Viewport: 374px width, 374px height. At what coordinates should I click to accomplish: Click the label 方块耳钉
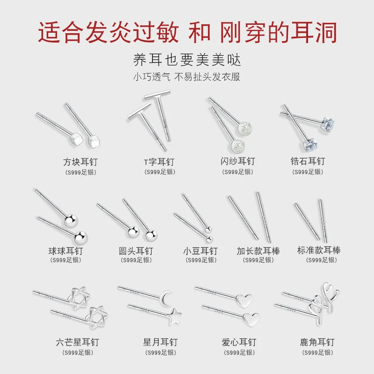[x=80, y=162]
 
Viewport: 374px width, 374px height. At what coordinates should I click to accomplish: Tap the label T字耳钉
[x=159, y=162]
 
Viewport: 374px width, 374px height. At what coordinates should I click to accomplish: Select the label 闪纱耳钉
[x=237, y=161]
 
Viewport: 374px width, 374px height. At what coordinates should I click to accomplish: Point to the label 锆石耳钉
[x=308, y=161]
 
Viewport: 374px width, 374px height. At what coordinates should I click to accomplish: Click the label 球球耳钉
[x=65, y=251]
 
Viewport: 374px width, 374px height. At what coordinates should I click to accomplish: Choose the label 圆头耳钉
[x=136, y=251]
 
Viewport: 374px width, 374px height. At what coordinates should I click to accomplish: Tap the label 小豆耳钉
[x=201, y=251]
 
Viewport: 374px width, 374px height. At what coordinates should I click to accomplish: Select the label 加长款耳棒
[x=258, y=251]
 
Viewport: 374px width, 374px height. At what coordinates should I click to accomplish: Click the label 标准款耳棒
[x=319, y=250]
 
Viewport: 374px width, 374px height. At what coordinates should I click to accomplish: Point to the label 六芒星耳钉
[x=78, y=342]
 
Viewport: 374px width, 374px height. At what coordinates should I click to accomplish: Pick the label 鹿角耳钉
[x=317, y=342]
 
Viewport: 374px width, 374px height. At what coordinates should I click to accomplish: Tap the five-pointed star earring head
[x=174, y=316]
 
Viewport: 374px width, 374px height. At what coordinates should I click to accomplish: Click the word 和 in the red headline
[x=200, y=32]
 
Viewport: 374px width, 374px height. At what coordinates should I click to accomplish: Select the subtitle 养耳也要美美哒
[x=187, y=60]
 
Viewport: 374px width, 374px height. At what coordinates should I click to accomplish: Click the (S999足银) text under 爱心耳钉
[x=239, y=352]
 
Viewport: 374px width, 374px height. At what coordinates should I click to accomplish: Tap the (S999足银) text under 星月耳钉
[x=160, y=352]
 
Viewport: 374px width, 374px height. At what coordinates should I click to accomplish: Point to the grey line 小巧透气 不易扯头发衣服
[x=187, y=77]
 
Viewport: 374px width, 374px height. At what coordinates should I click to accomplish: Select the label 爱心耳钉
[x=239, y=342]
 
